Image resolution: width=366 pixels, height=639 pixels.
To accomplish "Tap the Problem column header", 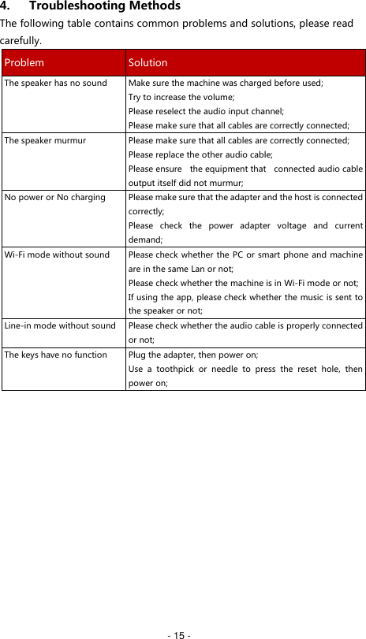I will pyautogui.click(x=24, y=62).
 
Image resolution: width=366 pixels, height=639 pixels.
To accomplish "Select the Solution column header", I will pyautogui.click(x=148, y=62).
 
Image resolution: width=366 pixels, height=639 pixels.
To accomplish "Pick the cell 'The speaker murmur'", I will pyautogui.click(x=45, y=140).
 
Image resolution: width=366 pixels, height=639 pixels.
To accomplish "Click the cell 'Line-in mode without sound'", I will pyautogui.click(x=60, y=325).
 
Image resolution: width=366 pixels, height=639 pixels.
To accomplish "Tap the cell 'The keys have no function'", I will pyautogui.click(x=55, y=355).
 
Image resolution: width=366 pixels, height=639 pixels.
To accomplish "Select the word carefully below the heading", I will pyautogui.click(x=21, y=39).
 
